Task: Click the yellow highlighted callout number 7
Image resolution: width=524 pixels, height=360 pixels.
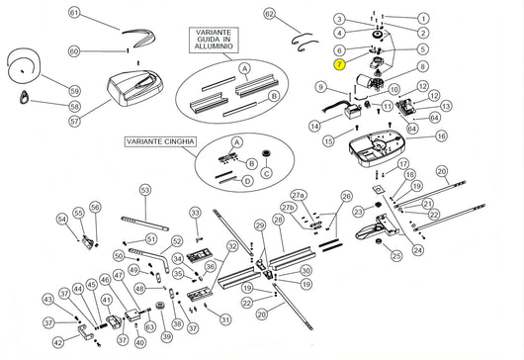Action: tap(339, 64)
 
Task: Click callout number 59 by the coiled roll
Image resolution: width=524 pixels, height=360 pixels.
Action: tap(74, 89)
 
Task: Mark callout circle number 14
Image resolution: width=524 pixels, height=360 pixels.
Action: tap(313, 127)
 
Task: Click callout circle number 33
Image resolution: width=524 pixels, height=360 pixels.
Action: tap(195, 213)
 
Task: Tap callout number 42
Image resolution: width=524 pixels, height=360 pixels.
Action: tap(58, 342)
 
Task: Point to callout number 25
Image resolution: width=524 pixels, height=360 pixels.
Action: tap(396, 256)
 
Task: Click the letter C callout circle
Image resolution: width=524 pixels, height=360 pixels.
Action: tap(265, 173)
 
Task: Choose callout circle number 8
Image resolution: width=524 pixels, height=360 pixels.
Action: tap(423, 66)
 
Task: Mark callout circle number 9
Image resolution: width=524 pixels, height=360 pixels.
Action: tap(321, 87)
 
